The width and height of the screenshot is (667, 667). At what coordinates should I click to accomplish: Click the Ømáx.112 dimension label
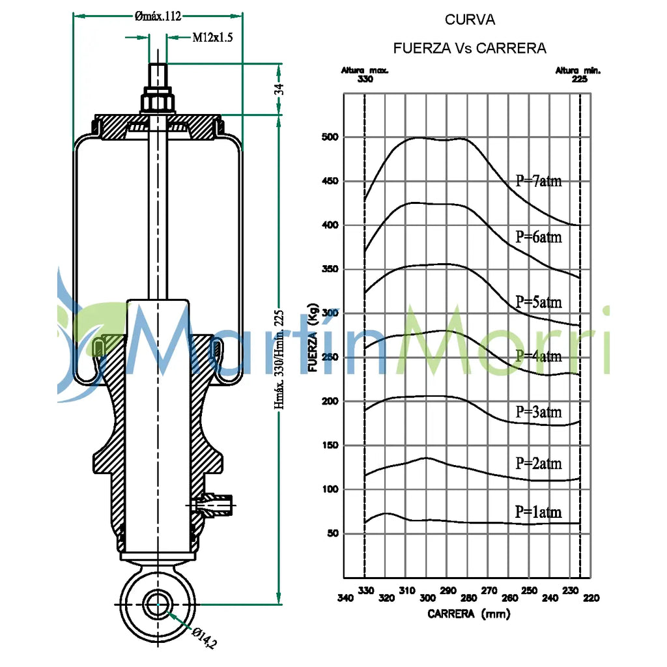click(158, 16)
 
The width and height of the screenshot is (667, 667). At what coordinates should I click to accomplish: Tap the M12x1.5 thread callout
click(213, 37)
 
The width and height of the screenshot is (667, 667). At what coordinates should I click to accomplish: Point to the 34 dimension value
click(279, 89)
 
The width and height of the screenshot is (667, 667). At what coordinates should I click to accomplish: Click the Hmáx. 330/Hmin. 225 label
click(279, 360)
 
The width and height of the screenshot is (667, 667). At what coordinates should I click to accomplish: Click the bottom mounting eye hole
click(158, 604)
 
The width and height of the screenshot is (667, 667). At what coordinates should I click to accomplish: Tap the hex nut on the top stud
click(158, 100)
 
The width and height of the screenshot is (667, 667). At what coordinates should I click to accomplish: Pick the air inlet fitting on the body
click(213, 505)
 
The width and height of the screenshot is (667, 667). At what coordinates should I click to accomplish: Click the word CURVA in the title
click(470, 20)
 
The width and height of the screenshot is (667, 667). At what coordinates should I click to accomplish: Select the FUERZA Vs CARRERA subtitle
click(470, 48)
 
